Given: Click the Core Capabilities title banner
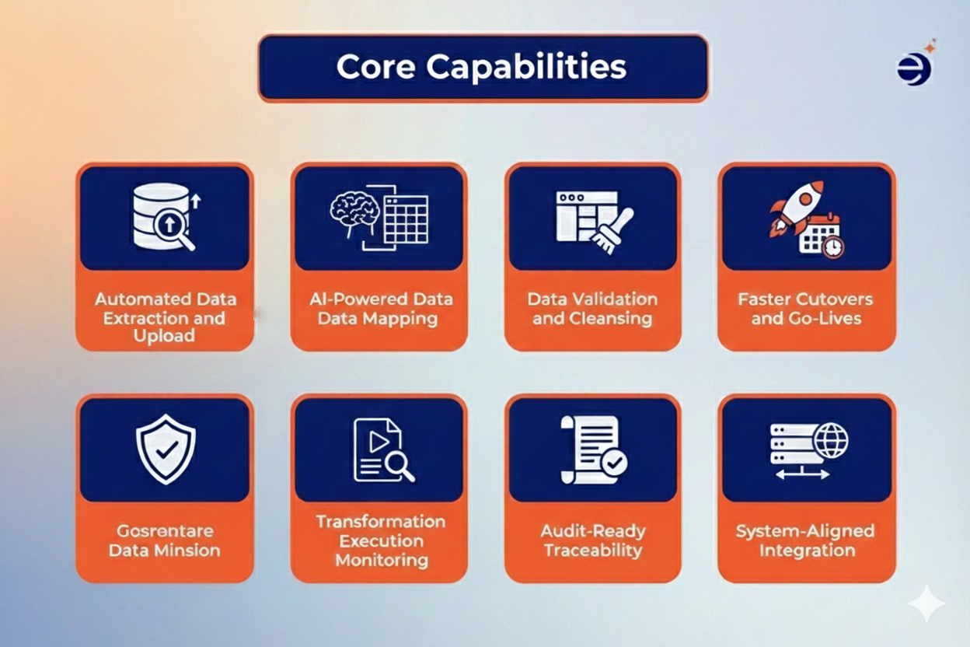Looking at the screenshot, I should (x=482, y=68).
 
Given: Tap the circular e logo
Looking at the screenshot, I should (x=914, y=68).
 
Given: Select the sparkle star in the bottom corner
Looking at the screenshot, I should (x=926, y=603).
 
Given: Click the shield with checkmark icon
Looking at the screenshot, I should (x=165, y=449).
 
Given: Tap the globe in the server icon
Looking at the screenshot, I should (x=831, y=442).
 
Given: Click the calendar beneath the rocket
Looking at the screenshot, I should (x=821, y=236).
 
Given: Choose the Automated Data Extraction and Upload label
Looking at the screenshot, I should (x=165, y=317).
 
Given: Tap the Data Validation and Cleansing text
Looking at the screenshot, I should (x=592, y=309).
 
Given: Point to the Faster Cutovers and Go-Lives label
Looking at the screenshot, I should (x=806, y=309).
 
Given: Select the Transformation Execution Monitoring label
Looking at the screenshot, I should (x=380, y=540).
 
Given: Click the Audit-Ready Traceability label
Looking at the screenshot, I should (x=592, y=540).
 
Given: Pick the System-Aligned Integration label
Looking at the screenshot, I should (x=806, y=540).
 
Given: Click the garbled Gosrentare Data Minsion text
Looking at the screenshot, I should (x=165, y=540).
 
